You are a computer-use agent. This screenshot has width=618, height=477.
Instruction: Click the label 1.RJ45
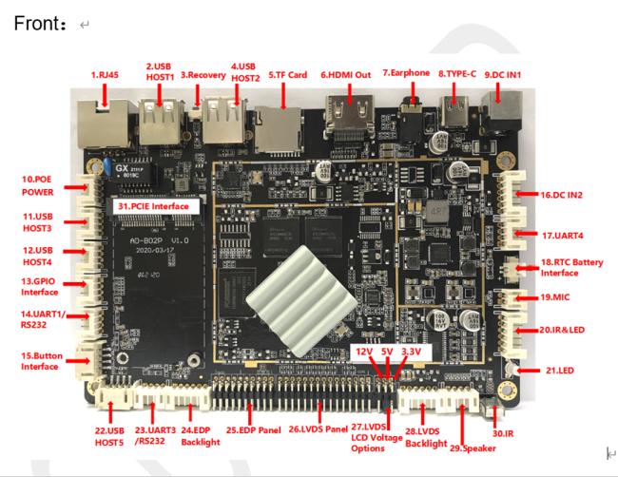[105, 75]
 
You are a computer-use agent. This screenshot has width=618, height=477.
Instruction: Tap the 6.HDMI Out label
[346, 75]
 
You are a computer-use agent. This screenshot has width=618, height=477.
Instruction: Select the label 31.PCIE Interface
[153, 206]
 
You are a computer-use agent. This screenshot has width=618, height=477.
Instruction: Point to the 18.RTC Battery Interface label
[571, 267]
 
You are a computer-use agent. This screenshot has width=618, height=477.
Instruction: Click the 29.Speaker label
[473, 448]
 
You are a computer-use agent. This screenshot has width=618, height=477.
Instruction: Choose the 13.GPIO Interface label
[39, 287]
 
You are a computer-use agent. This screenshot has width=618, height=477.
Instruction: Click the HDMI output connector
[349, 116]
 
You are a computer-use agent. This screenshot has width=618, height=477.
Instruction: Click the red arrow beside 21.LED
[528, 371]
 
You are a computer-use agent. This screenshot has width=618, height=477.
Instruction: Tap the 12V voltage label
[364, 352]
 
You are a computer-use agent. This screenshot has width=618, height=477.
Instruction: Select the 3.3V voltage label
[411, 352]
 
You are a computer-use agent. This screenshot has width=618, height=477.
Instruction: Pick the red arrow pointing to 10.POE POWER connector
[76, 186]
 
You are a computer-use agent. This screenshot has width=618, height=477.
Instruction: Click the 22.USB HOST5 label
[109, 436]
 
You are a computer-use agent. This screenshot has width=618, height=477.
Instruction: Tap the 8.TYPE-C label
[457, 74]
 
